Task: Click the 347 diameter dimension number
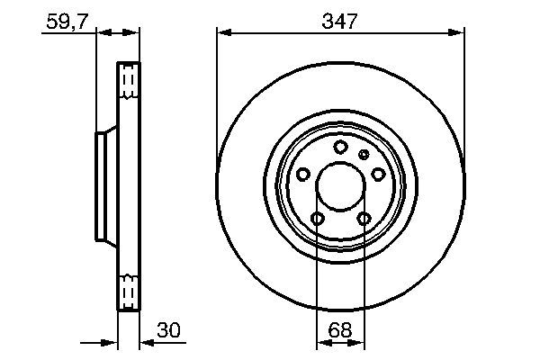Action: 340,21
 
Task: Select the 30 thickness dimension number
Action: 167,330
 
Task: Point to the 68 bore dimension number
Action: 339,330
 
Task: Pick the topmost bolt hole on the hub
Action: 340,147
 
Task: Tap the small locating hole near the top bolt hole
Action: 364,155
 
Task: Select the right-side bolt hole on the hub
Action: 378,174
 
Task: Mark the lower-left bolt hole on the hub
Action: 317,218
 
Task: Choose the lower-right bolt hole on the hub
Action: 364,218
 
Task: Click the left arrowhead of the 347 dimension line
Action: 221,34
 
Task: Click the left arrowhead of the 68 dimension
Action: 321,343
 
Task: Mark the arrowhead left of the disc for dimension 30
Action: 111,343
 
